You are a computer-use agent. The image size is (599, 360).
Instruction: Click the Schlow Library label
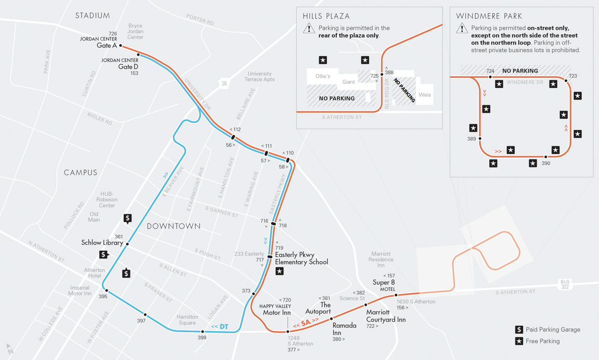[102, 243]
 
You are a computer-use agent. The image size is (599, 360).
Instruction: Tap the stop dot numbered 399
[202, 332]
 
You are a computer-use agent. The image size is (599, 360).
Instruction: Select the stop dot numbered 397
[145, 315]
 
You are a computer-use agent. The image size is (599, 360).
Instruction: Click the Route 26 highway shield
[224, 83]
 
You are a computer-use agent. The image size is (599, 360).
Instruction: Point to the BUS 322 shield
[565, 285]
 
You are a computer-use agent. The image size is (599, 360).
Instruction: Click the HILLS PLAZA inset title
[326, 16]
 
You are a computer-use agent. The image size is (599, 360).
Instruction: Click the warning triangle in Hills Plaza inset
[308, 28]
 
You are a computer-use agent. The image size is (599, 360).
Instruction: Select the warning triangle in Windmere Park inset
[462, 28]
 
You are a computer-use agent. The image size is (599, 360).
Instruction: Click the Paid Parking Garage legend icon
[519, 330]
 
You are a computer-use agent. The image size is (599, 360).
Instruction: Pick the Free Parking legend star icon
[519, 341]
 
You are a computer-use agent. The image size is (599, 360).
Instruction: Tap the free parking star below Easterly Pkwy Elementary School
[280, 271]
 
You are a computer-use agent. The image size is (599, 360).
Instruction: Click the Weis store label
[425, 95]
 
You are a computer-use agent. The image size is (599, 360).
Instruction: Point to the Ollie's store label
[323, 76]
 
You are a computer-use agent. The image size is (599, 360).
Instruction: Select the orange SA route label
[306, 322]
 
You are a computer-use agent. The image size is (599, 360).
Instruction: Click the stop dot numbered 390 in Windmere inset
[546, 157]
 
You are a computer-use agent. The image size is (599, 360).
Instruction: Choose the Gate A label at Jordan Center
[107, 46]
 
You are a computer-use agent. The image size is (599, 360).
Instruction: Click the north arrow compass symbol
[10, 349]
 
